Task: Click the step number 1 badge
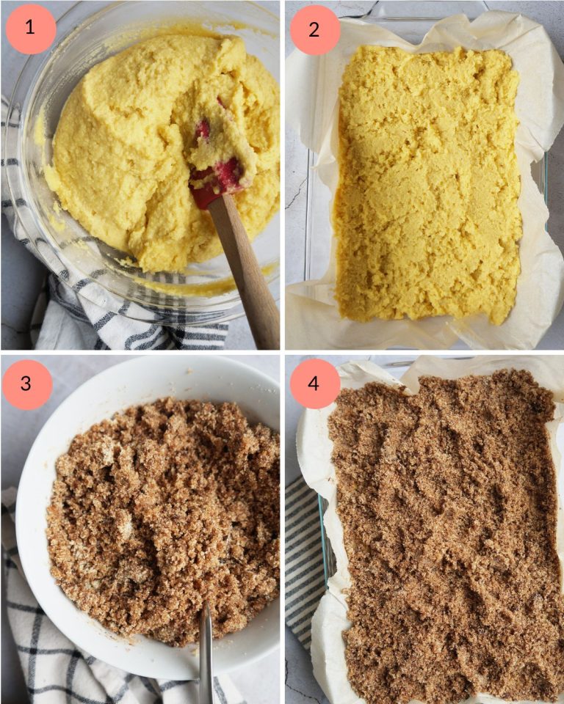[x=30, y=29]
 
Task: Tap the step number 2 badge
[x=314, y=29]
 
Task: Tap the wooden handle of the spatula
[x=246, y=271]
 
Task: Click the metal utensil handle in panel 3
[x=206, y=653]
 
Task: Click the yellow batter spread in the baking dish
[x=426, y=183]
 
